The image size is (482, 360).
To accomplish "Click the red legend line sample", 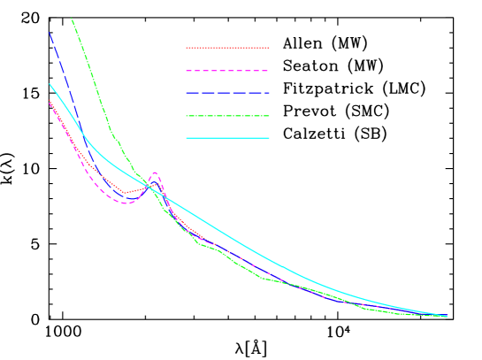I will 227,48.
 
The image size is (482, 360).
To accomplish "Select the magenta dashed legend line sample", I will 227,71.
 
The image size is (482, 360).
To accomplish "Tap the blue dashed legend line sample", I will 227,93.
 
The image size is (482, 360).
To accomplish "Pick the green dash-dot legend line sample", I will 227,116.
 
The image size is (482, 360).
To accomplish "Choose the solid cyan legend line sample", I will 227,138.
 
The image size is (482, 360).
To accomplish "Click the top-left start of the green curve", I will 72,18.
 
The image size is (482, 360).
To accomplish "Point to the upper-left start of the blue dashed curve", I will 50,33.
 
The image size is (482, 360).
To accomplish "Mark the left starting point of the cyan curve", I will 50,84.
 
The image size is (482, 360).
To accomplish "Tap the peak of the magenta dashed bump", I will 155,172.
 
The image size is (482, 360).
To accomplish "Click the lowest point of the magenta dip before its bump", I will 126,203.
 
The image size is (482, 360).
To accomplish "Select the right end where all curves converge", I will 447,316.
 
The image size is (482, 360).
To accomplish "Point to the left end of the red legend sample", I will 187,48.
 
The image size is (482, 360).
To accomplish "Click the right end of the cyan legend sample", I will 269,138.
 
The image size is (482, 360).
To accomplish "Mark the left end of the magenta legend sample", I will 187,71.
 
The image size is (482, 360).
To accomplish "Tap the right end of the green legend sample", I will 269,116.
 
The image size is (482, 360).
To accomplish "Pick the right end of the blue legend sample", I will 269,93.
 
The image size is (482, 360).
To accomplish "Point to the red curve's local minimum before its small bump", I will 126,192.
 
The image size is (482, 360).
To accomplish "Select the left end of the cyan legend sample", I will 187,138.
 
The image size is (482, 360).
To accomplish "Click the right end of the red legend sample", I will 269,48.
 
